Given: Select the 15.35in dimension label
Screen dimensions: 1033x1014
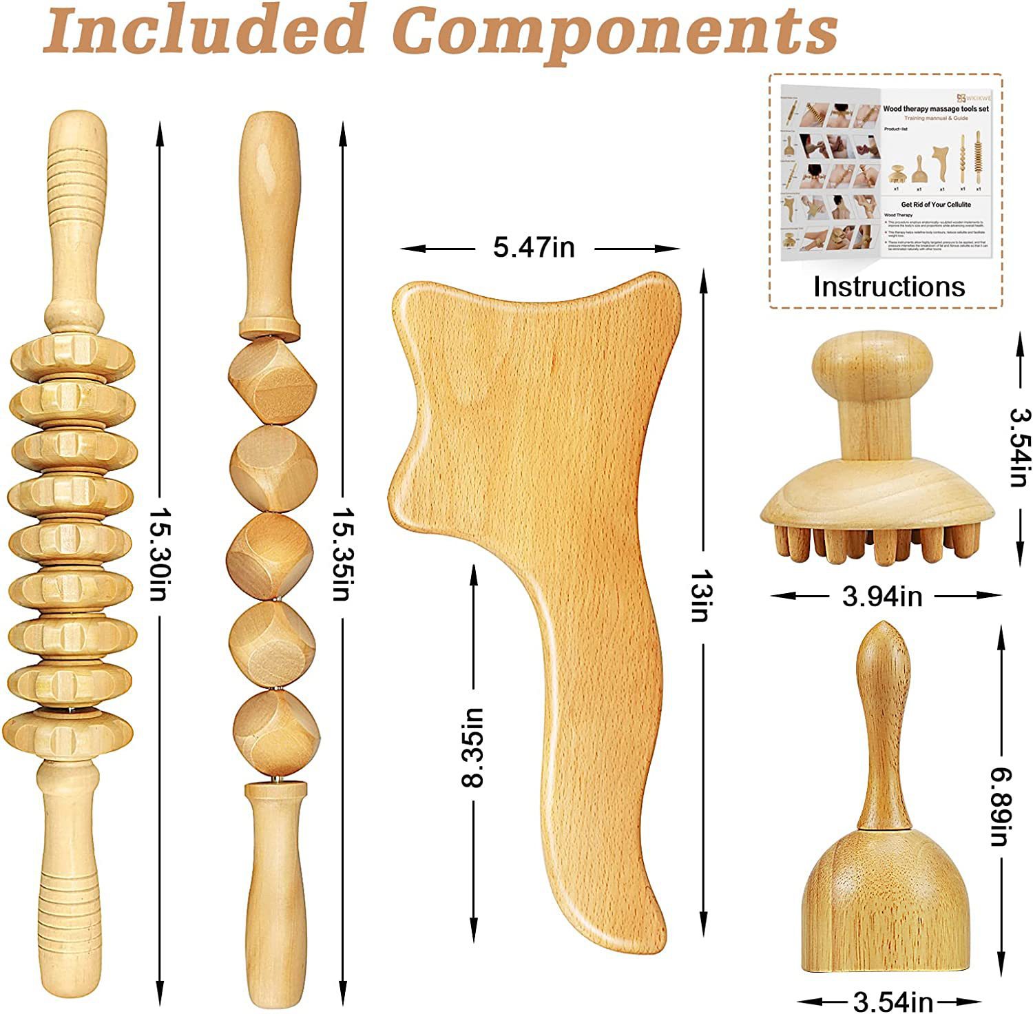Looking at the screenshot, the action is pyautogui.click(x=342, y=554).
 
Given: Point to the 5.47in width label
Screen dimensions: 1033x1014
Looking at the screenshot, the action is pyautogui.click(x=534, y=247).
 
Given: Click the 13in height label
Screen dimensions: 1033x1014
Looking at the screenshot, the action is pyautogui.click(x=700, y=595).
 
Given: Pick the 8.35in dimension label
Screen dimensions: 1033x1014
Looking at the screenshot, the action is pyautogui.click(x=473, y=747).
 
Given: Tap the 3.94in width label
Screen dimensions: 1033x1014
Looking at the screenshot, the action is pyautogui.click(x=882, y=597).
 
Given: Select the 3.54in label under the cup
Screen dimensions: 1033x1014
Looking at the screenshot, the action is pyautogui.click(x=893, y=1001).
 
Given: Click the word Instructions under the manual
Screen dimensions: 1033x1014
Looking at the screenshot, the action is pyautogui.click(x=889, y=287).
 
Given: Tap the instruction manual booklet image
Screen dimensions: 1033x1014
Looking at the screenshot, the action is pyautogui.click(x=886, y=172).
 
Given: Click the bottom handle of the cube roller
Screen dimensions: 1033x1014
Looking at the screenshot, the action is pyautogui.click(x=276, y=889).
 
